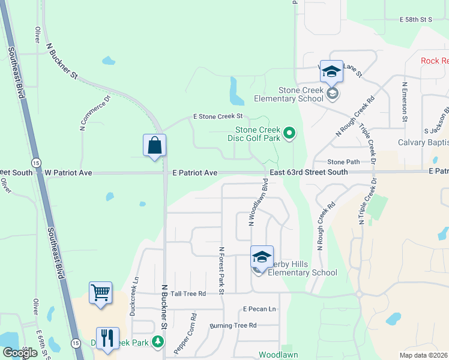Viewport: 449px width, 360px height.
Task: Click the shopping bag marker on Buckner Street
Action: (x=155, y=146)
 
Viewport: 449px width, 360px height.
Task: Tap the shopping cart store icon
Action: (x=101, y=293)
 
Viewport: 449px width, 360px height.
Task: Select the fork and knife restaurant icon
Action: (x=107, y=338)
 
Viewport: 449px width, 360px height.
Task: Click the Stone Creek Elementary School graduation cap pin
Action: (x=331, y=73)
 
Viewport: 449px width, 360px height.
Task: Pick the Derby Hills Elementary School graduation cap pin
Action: (x=262, y=257)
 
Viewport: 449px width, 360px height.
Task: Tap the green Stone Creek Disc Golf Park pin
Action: (x=289, y=133)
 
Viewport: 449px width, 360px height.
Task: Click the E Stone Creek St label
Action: (x=217, y=116)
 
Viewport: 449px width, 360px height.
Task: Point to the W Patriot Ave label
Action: (x=68, y=173)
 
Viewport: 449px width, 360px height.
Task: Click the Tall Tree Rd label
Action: (x=188, y=293)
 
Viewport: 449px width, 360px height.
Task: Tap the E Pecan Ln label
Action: (x=259, y=309)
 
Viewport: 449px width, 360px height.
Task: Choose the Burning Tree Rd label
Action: (x=233, y=326)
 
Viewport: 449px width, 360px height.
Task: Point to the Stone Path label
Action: (x=343, y=162)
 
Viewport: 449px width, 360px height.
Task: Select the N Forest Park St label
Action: (x=221, y=271)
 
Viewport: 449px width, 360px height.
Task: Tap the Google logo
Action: (x=20, y=353)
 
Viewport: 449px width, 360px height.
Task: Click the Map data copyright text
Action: (x=424, y=355)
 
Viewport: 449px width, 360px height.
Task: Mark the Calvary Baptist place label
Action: (x=423, y=143)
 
